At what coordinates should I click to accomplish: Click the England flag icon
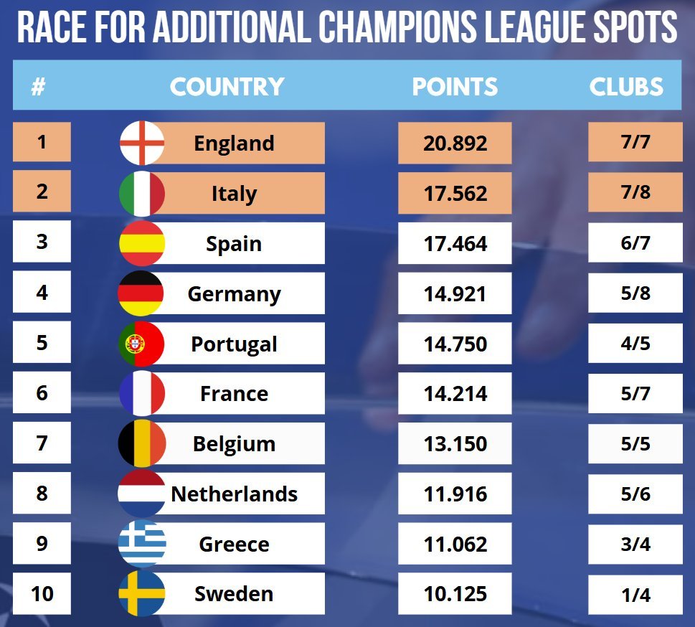point(142,143)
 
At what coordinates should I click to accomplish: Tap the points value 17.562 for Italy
point(455,194)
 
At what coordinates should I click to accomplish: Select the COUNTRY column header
point(227,87)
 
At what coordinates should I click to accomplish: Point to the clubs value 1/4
point(635,594)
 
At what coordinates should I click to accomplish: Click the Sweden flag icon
point(142,594)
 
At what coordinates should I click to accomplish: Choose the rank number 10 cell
point(42,594)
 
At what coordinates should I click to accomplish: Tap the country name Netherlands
point(234,494)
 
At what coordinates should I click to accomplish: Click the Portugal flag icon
point(142,344)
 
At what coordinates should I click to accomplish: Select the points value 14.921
point(455,294)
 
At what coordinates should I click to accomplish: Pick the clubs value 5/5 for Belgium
point(635,444)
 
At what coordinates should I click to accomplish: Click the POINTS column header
point(455,87)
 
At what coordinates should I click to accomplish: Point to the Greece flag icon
point(142,544)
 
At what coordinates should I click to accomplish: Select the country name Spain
point(234,244)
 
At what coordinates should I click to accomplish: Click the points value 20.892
point(455,143)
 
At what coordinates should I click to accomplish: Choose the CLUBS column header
point(626,87)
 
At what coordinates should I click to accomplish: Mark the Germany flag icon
point(142,294)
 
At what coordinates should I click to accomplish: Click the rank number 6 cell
point(42,394)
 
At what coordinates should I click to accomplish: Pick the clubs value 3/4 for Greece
point(635,544)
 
